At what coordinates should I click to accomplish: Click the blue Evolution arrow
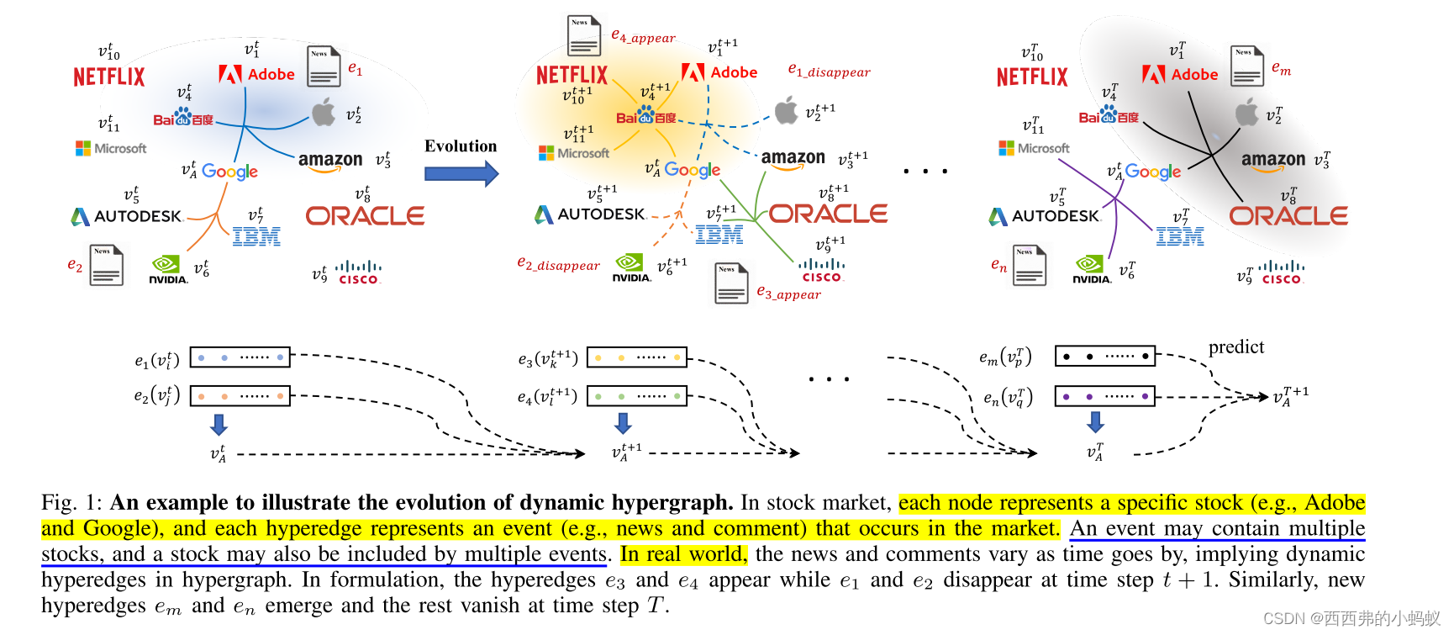coord(461,174)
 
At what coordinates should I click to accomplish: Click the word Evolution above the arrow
coord(461,146)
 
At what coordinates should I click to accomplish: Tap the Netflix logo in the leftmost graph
coord(109,77)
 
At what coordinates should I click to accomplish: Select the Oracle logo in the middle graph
coord(828,214)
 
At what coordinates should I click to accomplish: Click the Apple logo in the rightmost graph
coord(1247,112)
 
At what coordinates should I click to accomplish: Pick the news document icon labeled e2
coord(107,265)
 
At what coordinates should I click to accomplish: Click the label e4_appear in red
coord(643,36)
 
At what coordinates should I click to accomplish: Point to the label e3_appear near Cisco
coord(788,293)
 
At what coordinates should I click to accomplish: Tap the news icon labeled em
coord(1247,66)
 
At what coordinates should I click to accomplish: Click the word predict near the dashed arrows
coord(1235,347)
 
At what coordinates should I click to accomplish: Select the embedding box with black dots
coord(1104,357)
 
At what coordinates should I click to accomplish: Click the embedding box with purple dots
coord(1104,396)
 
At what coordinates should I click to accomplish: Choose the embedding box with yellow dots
coord(636,357)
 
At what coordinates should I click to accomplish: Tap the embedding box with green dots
coord(636,396)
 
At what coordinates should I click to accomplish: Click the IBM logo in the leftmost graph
coord(256,237)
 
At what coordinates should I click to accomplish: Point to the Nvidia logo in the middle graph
coord(630,267)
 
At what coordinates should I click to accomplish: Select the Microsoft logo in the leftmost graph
coord(111,149)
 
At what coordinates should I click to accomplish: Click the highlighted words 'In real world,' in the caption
coord(682,554)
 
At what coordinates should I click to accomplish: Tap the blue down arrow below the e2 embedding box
coord(219,424)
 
